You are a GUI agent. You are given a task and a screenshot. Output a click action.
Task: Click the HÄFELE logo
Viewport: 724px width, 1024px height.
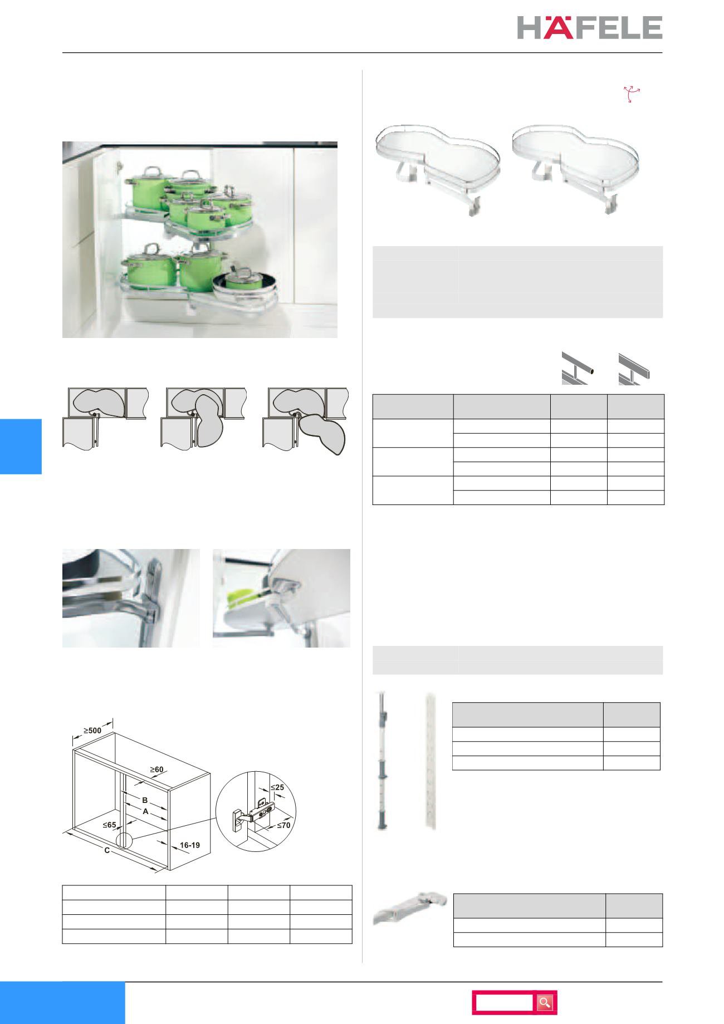pos(589,27)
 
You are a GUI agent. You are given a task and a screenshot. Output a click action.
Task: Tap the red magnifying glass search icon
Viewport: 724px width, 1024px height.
pos(545,1002)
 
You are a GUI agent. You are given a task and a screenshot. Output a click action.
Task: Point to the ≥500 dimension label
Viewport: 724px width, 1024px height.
pos(92,729)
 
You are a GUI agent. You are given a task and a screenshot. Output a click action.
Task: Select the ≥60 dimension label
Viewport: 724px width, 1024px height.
pos(156,770)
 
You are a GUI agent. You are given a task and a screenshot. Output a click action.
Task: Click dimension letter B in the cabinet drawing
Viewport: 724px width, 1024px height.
pos(145,800)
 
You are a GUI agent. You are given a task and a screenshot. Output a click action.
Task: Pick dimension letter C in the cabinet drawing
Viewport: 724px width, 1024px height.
pos(106,851)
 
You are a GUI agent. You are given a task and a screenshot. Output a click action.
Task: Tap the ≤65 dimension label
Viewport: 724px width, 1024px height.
pos(110,826)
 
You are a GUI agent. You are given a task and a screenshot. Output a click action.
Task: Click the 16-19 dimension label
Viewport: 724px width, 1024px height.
pos(189,845)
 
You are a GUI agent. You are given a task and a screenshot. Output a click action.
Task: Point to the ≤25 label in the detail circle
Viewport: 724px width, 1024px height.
pos(277,787)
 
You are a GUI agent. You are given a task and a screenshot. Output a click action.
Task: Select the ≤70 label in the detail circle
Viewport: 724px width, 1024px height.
pos(283,825)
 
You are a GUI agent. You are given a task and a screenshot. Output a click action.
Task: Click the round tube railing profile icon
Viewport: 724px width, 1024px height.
pos(577,369)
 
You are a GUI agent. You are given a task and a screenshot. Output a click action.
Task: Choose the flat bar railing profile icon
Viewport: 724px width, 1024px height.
pos(634,369)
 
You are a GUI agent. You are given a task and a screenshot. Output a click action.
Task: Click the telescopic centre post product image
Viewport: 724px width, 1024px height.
pos(382,761)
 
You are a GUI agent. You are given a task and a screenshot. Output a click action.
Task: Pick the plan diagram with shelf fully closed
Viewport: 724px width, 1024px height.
pos(105,417)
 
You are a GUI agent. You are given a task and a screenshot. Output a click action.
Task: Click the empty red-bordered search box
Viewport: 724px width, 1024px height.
pos(504,1002)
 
